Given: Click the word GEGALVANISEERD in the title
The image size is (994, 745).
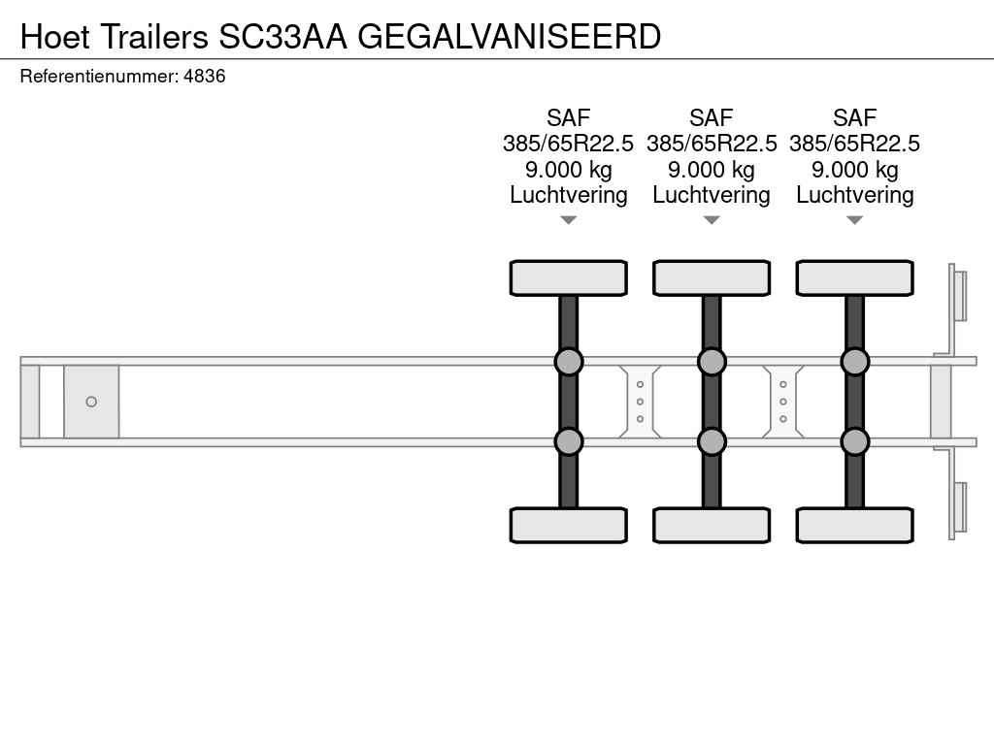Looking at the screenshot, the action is (x=509, y=37).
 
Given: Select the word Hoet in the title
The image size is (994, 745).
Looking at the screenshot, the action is (x=55, y=37).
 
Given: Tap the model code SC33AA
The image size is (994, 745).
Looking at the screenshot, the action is (x=282, y=37).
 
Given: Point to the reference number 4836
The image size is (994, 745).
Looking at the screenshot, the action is (x=204, y=76).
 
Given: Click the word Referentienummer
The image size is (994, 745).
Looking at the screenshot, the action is (x=99, y=76).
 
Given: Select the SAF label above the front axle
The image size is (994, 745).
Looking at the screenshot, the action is (x=569, y=117).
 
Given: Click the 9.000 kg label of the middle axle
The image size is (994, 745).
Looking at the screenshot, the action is (x=712, y=170).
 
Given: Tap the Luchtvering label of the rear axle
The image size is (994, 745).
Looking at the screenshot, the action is (x=854, y=195).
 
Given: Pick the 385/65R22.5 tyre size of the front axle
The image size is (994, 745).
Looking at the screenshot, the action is (x=569, y=144).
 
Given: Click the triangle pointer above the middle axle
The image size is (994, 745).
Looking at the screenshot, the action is (x=712, y=220).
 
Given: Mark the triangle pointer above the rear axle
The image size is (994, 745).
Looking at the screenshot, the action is (x=854, y=220).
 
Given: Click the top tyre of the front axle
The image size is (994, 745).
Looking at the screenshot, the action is (x=569, y=278).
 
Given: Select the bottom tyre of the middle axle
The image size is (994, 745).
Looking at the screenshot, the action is (x=712, y=525).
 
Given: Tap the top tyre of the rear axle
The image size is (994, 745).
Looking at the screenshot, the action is (x=854, y=278).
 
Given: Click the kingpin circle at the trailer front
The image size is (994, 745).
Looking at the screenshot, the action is (x=91, y=402).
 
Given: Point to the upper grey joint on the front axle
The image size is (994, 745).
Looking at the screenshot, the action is (x=569, y=362).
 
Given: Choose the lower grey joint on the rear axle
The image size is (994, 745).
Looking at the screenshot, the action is (x=854, y=441).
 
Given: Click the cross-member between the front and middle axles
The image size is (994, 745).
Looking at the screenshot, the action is (x=640, y=402).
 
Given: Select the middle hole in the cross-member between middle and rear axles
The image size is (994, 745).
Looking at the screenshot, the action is (x=783, y=402).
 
